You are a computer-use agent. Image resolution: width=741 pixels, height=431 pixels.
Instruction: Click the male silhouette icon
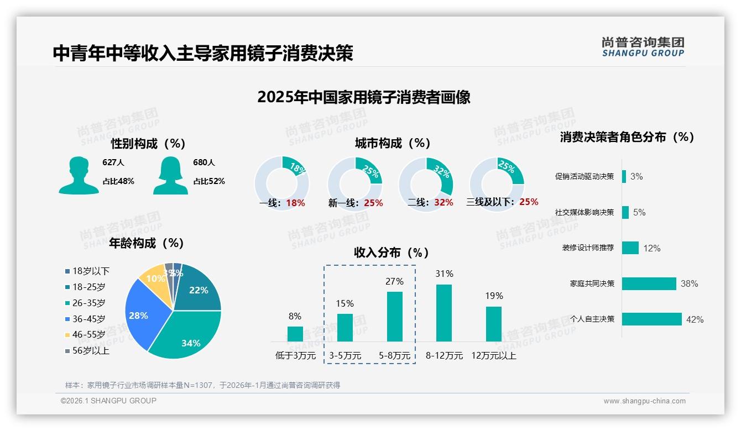[x=79, y=175]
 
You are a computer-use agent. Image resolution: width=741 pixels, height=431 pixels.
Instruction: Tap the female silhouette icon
[x=170, y=175]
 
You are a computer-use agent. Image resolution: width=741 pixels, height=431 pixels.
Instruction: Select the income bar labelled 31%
[x=443, y=313]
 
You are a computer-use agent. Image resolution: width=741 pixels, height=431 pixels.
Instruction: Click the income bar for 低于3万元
[x=295, y=334]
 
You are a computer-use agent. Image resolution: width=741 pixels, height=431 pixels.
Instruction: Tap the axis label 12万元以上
[x=493, y=356]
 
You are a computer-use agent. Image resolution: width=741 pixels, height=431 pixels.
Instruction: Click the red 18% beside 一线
[x=295, y=203]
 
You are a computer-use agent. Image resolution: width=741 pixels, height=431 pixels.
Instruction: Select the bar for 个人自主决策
[x=651, y=319]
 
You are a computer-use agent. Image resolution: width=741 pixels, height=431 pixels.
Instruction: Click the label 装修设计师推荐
[x=588, y=248]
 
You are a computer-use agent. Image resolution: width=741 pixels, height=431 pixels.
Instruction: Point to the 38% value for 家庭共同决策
[x=689, y=283]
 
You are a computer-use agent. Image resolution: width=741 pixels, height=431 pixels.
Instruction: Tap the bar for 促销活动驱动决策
[x=624, y=176]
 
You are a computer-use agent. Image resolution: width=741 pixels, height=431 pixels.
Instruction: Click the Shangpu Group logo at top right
[x=643, y=47]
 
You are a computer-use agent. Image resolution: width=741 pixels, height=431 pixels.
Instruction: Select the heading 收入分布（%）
[x=392, y=253]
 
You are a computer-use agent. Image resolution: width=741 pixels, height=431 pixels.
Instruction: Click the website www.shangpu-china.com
[x=644, y=401]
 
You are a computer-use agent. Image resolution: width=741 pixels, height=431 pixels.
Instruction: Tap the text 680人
[x=204, y=162]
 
